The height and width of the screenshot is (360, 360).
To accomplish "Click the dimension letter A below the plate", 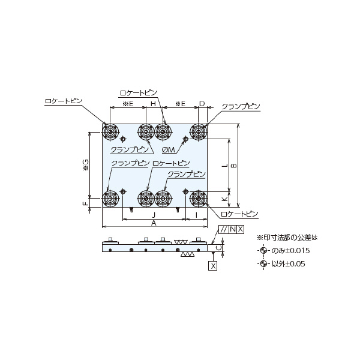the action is pos(154,223).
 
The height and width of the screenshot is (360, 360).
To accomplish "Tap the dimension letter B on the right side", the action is pos(234,166).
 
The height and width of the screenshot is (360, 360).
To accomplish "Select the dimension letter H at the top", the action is pos(153,104).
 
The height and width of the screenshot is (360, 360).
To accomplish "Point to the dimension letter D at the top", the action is pos(202,104).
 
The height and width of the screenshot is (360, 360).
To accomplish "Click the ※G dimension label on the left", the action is pos(86,165).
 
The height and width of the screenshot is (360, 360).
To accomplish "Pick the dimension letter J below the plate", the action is pos(154,215).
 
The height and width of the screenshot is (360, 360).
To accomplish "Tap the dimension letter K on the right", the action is pos(225,199).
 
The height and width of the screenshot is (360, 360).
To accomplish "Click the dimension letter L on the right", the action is pos(225,166).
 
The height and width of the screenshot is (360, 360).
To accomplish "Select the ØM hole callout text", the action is pos(168,149).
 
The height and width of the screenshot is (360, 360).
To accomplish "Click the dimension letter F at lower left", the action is pos(85,203).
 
